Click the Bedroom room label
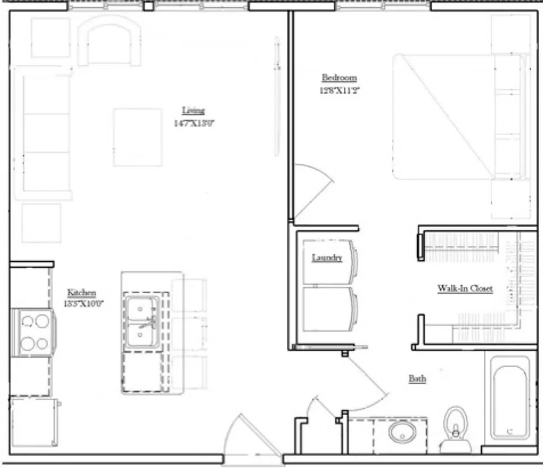(339, 78)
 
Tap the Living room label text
(193, 110)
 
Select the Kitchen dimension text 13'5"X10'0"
(83, 304)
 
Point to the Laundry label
(327, 258)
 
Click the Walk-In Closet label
(465, 288)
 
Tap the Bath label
(417, 379)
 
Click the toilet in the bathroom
(456, 429)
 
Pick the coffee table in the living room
(138, 137)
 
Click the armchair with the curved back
(109, 41)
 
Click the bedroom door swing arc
(316, 191)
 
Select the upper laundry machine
(328, 262)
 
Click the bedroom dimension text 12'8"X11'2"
(340, 91)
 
